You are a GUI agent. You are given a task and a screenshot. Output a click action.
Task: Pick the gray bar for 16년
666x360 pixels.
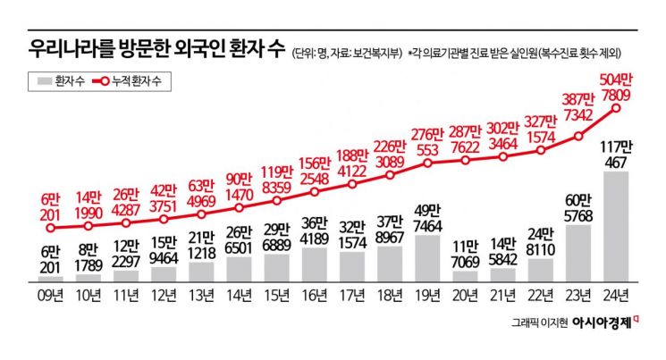tap(315, 264)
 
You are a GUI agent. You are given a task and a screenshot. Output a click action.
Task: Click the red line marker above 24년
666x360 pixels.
tap(617, 108)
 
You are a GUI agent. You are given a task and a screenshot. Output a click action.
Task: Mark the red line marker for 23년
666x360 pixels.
tap(579, 138)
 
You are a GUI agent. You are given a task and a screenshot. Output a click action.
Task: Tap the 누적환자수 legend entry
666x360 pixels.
tap(132, 81)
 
